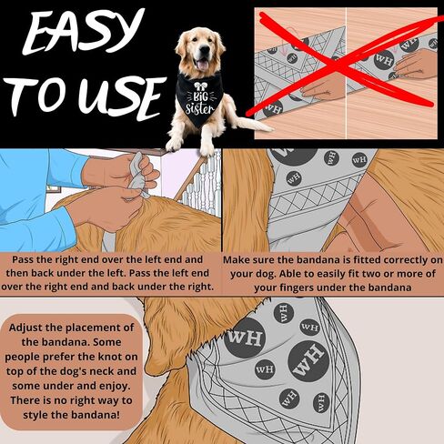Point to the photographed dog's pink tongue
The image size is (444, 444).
tap(203, 65)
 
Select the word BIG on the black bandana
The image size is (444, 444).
tap(200, 96)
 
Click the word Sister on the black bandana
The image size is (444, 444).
tap(200, 108)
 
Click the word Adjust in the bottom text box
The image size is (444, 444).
tap(25, 328)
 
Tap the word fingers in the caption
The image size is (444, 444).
tap(312, 288)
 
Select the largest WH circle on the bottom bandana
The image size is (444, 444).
tap(308, 360)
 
